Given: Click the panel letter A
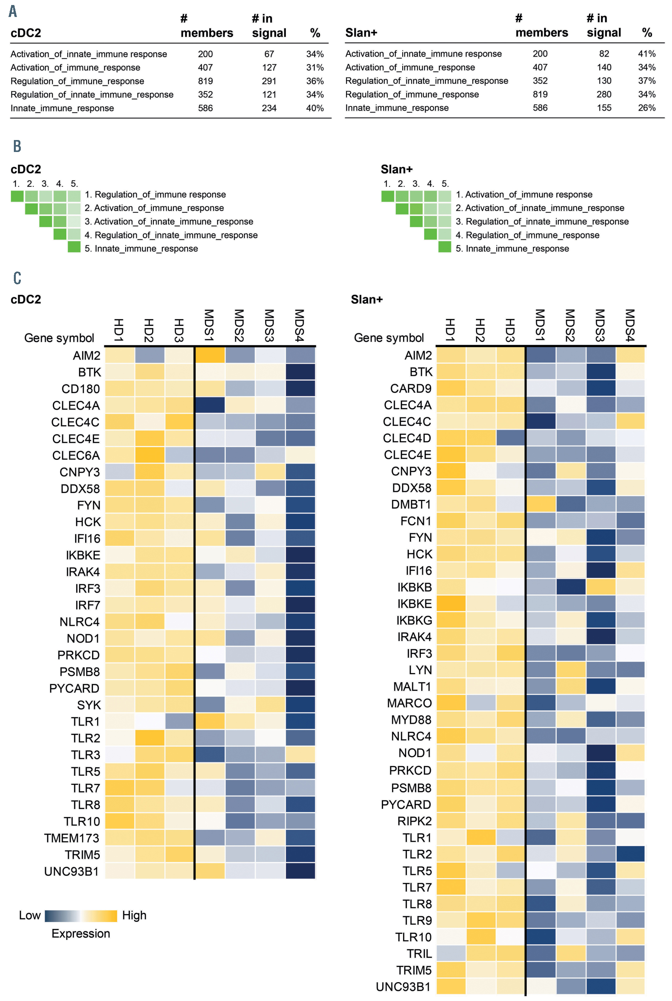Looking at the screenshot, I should coord(13,11).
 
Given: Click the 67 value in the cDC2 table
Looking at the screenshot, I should coord(269,54).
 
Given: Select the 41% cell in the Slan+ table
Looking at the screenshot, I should coord(646,54).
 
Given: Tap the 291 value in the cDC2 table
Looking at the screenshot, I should coord(269,81).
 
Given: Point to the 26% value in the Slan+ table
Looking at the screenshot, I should coord(646,108).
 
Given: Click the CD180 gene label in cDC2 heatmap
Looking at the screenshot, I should coord(81,389).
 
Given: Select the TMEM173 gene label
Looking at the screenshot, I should coord(72,838).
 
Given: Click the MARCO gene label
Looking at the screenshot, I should coord(409,703).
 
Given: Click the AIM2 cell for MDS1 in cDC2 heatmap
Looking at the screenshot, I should coord(210,355).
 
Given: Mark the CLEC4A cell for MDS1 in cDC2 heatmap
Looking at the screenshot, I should coord(210,405).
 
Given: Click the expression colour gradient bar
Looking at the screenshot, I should coord(81,916).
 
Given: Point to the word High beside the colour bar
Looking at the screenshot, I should coord(134,916).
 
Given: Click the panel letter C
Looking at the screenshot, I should coord(17,278).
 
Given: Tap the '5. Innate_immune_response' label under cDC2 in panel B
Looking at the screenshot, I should coord(141,248).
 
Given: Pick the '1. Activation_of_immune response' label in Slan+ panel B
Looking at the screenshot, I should coord(524,194).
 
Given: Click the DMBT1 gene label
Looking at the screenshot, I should coord(411,504).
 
